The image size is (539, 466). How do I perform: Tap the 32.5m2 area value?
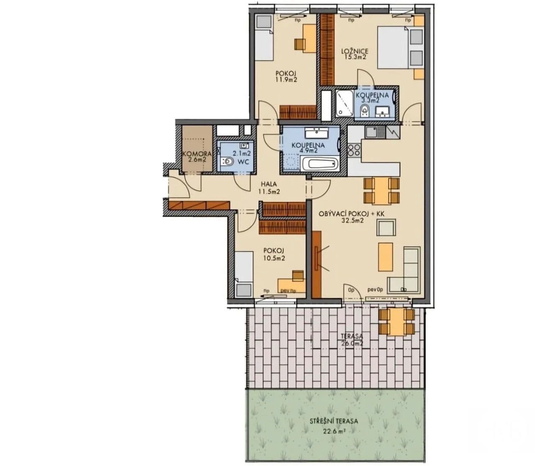pyautogui.click(x=351, y=220)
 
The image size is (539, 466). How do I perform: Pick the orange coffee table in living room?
pyautogui.click(x=385, y=256)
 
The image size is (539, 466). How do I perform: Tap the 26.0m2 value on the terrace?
pyautogui.click(x=351, y=343)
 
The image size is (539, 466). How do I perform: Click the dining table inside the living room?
pyautogui.click(x=381, y=190)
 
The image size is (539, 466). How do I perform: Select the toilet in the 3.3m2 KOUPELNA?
pyautogui.click(x=364, y=111)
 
